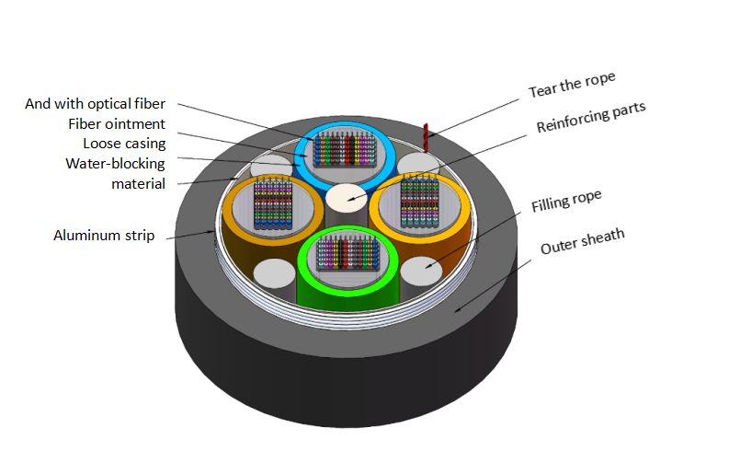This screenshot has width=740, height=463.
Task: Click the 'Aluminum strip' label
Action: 108,236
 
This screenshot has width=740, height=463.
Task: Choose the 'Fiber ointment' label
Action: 117,123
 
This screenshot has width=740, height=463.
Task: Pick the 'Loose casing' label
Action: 124,144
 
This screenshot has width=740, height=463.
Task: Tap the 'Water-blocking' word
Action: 115,164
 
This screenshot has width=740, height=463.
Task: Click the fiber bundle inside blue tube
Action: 347,151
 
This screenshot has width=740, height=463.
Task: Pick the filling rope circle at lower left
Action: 272,275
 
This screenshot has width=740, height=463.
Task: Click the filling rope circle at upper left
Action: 271,166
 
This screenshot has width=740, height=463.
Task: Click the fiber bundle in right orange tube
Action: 420,205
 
